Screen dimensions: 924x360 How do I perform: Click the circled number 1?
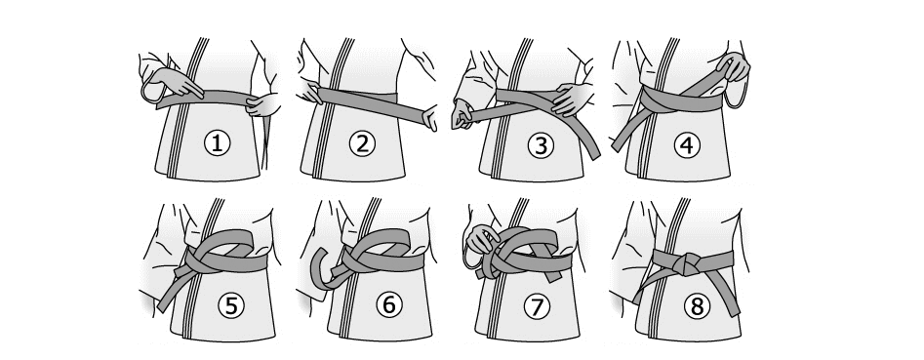217,143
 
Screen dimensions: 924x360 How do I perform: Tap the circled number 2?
362,143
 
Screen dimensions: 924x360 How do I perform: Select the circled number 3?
541,145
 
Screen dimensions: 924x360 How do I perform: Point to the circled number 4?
687,145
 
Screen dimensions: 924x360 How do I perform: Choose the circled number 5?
231,305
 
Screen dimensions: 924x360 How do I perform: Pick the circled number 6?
389,304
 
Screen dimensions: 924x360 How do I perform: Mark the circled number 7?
537,306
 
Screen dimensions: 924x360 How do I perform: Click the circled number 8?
697,306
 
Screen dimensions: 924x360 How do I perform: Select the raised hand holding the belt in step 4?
734,66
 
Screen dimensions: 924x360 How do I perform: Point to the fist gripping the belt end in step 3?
462,114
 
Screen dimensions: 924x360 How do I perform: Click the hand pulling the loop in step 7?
481,240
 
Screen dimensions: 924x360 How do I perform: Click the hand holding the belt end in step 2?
430,118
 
